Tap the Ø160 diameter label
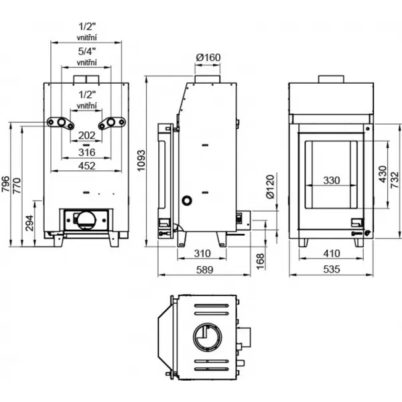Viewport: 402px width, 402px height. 208,58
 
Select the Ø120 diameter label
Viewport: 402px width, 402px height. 270,188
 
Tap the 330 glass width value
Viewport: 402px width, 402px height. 332,180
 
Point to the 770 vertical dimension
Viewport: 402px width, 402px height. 18,186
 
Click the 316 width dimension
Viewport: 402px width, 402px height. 86,152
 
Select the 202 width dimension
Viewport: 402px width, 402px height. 86,136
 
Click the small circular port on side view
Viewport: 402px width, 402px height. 187,200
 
